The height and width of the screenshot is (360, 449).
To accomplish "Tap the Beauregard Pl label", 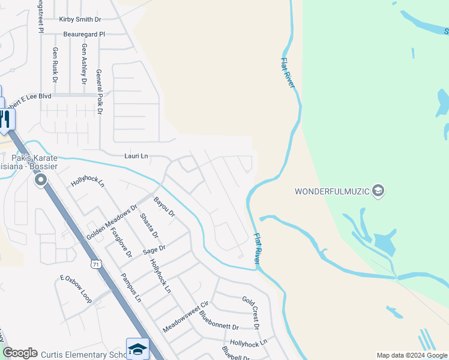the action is tap(84, 35).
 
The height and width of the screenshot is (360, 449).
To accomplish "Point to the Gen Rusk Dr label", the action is tap(55, 65).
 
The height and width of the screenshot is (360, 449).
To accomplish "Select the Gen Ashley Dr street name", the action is tap(84, 64).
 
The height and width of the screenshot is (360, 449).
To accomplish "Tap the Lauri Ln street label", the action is tap(136, 156).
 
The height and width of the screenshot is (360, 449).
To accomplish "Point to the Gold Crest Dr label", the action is tap(251, 312).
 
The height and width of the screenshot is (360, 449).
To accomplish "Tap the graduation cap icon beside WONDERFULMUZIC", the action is tap(378, 191).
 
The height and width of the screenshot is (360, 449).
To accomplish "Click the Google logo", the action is tap(20, 353).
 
